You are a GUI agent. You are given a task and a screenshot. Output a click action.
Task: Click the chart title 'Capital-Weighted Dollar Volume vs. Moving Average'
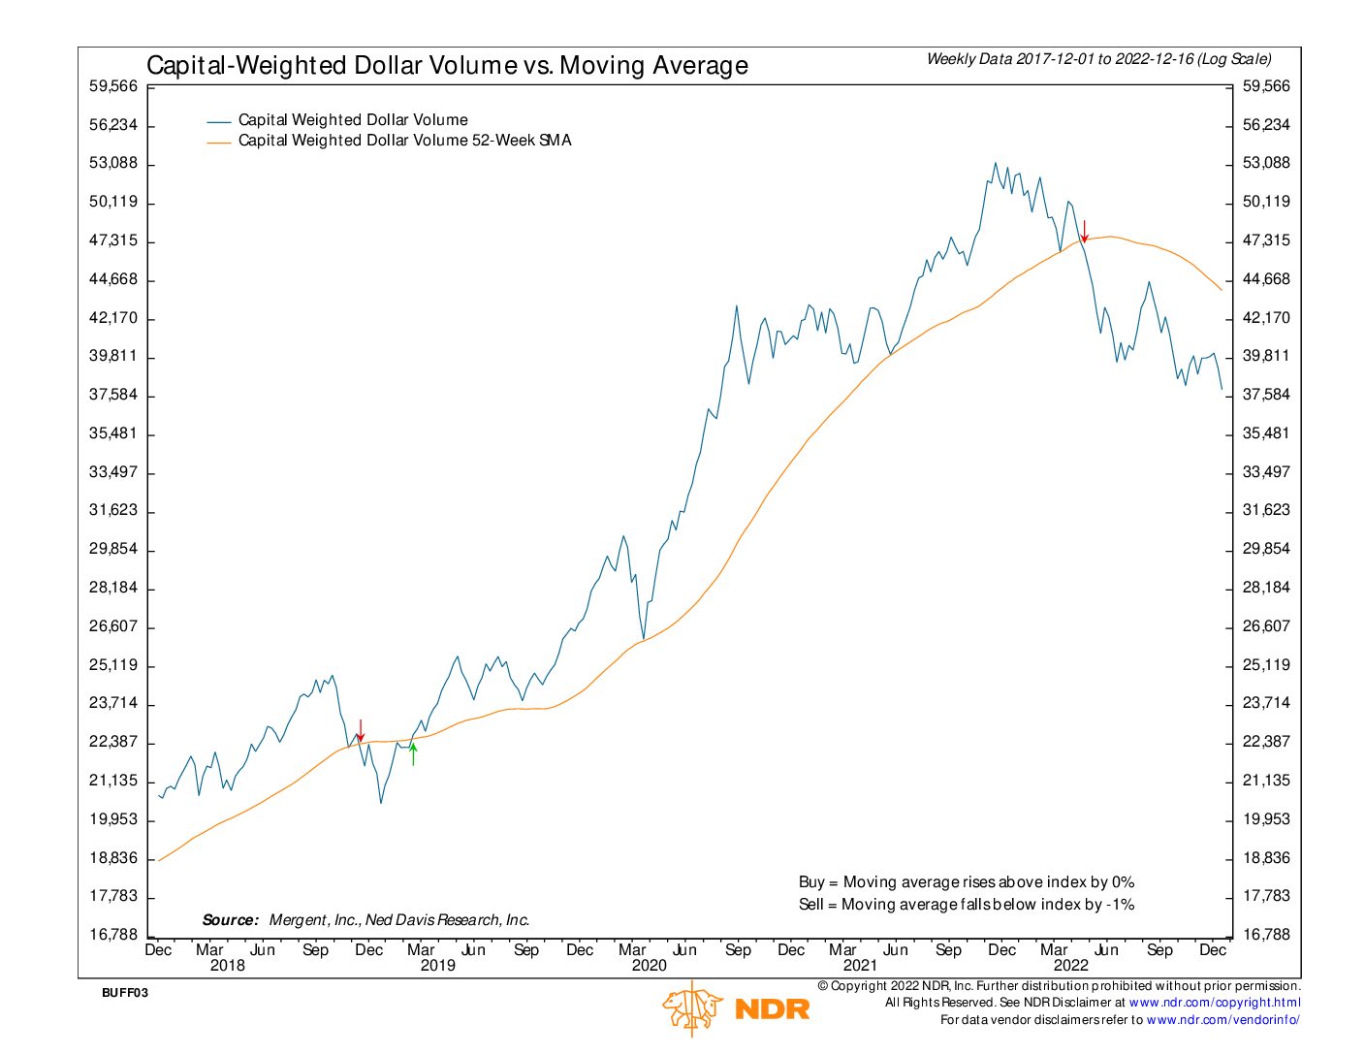[447, 65]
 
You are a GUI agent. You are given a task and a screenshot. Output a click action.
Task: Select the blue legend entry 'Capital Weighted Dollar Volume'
[352, 120]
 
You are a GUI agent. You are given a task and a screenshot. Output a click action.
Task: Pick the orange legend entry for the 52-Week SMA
[404, 141]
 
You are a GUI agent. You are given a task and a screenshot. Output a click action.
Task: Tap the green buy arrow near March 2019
[413, 753]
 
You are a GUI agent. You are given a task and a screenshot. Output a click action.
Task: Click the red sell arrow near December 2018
[361, 730]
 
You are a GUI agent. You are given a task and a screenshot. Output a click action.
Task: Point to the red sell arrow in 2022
[1085, 231]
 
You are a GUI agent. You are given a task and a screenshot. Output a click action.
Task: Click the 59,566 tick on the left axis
[113, 86]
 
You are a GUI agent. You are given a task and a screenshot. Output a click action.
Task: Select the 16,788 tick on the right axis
[1266, 935]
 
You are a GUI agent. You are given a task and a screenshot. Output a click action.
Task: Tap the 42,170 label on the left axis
[113, 318]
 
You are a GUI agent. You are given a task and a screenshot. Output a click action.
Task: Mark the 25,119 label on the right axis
[1266, 665]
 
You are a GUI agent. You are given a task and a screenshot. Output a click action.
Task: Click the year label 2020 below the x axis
[649, 966]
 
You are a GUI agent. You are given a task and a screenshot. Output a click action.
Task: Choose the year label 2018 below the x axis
[228, 966]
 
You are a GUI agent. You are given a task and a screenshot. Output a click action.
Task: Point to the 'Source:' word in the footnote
[231, 920]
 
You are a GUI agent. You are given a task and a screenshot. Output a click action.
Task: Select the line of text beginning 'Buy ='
[966, 882]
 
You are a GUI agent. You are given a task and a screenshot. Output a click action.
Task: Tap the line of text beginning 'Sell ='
[966, 905]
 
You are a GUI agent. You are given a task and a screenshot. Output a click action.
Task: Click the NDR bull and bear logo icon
[692, 1008]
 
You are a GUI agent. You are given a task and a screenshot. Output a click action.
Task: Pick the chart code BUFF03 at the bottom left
[125, 993]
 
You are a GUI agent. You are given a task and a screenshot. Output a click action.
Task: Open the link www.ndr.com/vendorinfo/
[1222, 1020]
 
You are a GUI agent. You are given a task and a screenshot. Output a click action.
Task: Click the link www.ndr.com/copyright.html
[1215, 1003]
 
